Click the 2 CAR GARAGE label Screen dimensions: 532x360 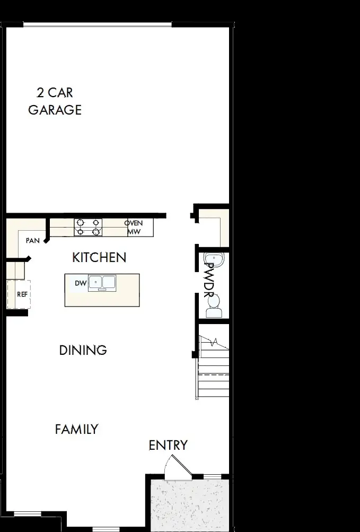tap(55, 101)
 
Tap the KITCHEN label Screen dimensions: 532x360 tap(99, 258)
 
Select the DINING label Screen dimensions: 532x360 tap(83, 350)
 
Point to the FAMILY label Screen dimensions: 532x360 tap(77, 429)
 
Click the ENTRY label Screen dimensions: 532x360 tap(168, 445)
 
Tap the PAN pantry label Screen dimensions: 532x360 tap(33, 241)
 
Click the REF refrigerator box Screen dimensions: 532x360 tap(20, 294)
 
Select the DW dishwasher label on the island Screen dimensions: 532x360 tap(80, 283)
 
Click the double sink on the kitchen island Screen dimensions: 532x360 tap(102, 282)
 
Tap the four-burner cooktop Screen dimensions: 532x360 tap(88, 227)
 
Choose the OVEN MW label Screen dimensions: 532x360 tap(134, 227)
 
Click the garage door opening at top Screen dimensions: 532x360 tap(98, 24)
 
